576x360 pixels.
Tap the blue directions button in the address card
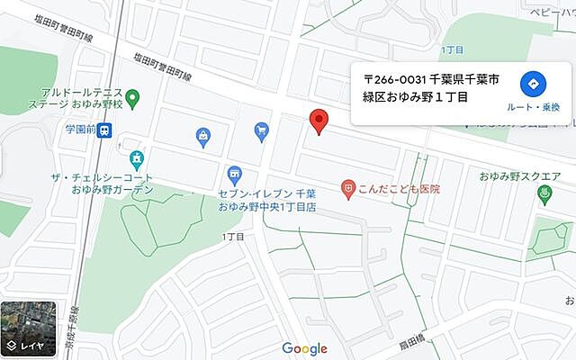[533, 85]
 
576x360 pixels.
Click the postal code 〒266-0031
[396, 77]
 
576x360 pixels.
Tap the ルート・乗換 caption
[533, 107]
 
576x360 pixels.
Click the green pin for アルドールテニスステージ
[132, 97]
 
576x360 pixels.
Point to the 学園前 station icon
[105, 130]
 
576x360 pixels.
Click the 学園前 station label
[78, 130]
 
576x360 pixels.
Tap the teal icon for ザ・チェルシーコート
[136, 159]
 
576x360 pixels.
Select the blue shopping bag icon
[203, 137]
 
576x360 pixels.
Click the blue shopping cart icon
[261, 131]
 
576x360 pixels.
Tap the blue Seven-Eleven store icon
[234, 173]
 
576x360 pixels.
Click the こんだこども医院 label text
[398, 189]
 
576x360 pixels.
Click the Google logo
[304, 348]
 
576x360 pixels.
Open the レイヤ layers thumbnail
[28, 328]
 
